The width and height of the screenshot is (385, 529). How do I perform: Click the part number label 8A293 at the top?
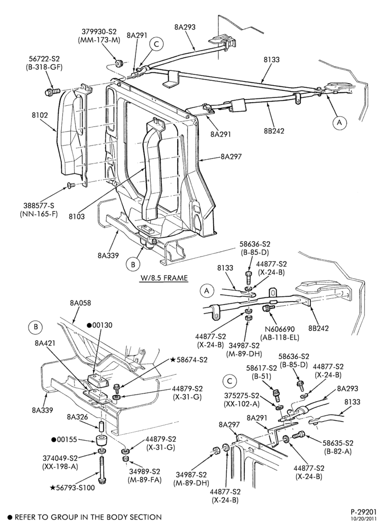point(185,27)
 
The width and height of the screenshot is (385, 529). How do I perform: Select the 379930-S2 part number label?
point(99,31)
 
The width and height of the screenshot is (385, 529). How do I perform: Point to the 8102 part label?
point(39,115)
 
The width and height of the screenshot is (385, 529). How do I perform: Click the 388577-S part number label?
point(39,205)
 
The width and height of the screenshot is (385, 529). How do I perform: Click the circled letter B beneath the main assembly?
point(133,264)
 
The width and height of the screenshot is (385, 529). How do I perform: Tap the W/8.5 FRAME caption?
point(164,278)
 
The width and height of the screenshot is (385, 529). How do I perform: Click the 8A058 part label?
point(80,303)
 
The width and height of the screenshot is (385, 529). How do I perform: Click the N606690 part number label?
point(279,329)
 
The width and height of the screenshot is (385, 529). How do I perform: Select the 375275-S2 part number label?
point(241,395)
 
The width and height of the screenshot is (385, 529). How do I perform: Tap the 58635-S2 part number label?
point(338,443)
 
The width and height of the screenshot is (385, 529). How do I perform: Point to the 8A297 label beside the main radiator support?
point(231,157)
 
